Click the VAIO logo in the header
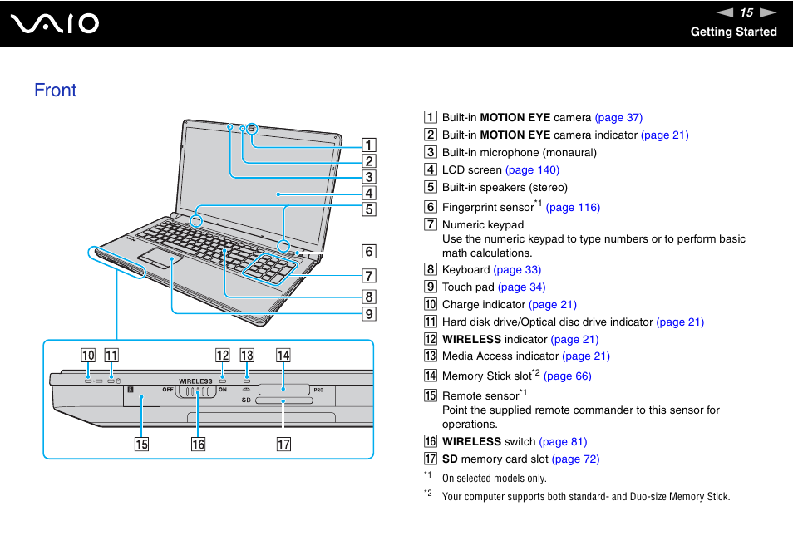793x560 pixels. tap(55, 23)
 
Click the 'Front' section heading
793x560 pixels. tap(56, 91)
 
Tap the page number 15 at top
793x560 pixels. tap(746, 12)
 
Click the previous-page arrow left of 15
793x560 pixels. tap(726, 12)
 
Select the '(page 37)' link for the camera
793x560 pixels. tap(618, 118)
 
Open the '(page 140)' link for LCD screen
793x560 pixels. tap(532, 170)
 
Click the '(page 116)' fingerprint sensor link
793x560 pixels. tap(573, 208)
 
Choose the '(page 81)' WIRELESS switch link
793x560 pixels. tap(563, 442)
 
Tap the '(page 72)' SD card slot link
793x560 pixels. tap(575, 459)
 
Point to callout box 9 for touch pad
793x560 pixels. tap(368, 314)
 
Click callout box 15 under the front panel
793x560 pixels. tap(142, 444)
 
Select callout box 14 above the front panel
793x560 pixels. tap(283, 356)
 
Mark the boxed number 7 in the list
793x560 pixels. tap(431, 225)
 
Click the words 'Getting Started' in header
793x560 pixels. tap(733, 32)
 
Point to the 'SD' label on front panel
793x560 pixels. tap(246, 400)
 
